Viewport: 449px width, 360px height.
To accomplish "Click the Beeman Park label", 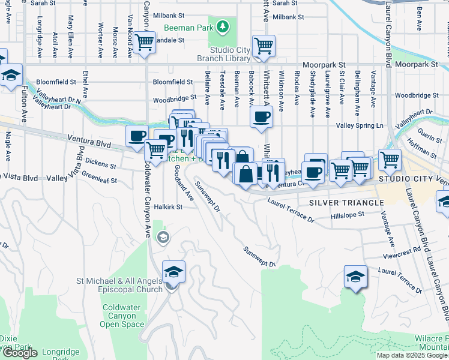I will [x=189, y=28].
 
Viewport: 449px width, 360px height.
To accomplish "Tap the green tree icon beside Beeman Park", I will [x=223, y=27].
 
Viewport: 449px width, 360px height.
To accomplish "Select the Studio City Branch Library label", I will [x=224, y=55].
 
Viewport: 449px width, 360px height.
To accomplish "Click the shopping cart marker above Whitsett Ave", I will [x=263, y=45].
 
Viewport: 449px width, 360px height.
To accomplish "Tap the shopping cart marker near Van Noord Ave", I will [x=143, y=43].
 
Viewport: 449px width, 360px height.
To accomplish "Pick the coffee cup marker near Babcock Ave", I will [x=261, y=116].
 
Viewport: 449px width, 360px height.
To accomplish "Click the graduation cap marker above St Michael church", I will [x=173, y=271].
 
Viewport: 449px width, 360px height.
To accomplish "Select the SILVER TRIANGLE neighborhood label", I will [x=346, y=203].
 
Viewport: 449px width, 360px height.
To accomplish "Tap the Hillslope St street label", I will [x=348, y=214].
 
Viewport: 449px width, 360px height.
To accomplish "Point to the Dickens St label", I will [x=100, y=163].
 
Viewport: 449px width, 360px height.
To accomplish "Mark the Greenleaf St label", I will [x=98, y=177].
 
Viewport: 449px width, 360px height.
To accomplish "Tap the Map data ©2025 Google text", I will [x=412, y=355].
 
